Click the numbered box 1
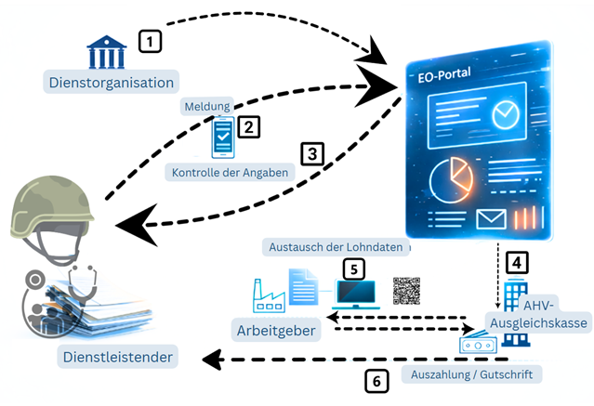click(150, 41)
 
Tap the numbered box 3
click(313, 153)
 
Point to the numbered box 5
click(353, 268)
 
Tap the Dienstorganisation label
click(111, 82)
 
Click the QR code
click(407, 291)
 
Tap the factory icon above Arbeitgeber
click(270, 295)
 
